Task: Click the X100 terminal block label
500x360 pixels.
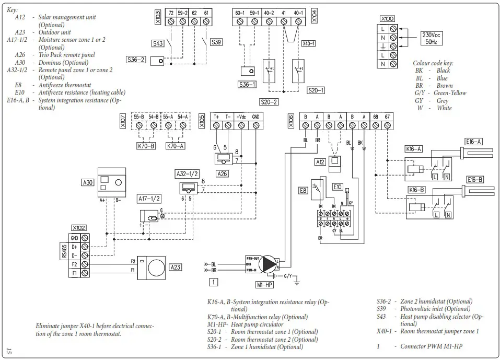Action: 387,19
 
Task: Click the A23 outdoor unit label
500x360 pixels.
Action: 177,267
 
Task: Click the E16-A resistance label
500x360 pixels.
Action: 474,141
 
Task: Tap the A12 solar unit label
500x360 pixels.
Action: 320,162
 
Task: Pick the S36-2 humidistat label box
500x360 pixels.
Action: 136,60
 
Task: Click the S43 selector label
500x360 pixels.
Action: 157,44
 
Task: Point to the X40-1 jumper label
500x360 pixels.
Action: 309,43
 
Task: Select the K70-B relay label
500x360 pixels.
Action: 146,146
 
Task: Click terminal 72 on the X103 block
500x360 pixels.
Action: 171,12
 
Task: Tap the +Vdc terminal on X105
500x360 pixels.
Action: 241,116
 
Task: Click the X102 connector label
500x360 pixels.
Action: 79,228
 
